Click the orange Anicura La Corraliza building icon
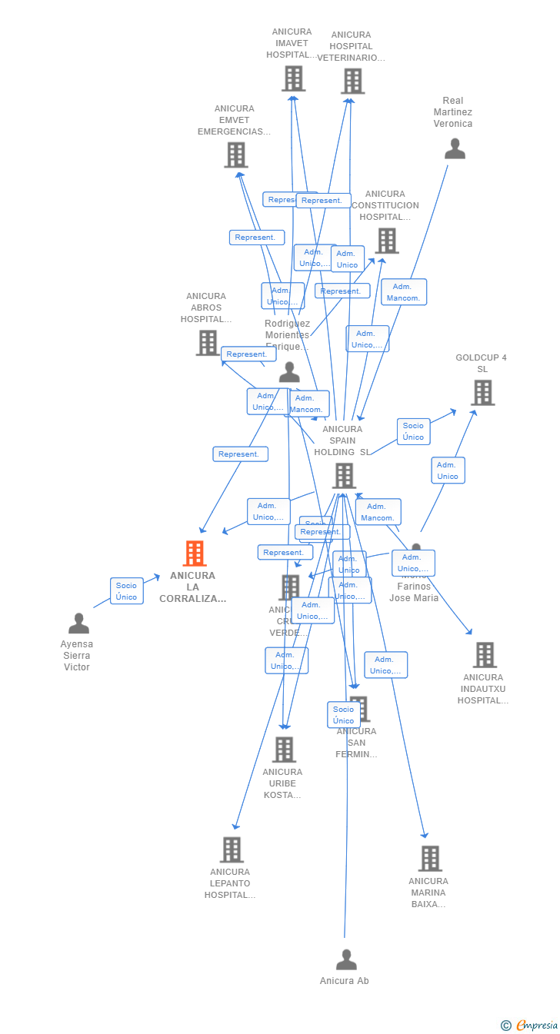click(x=195, y=554)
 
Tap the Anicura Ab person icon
click(x=346, y=960)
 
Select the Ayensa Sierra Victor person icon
click(x=78, y=623)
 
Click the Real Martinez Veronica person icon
click(x=455, y=149)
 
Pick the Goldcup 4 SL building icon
click(x=482, y=393)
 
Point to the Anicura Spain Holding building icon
click(x=344, y=476)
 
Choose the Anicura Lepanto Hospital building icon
click(x=232, y=850)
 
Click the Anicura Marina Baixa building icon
click(x=429, y=859)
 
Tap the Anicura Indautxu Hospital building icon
click(x=485, y=655)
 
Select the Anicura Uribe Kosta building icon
click(x=284, y=750)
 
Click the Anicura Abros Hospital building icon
click(x=208, y=343)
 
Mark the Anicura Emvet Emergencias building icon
click(x=235, y=155)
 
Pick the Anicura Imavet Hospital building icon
click(x=293, y=78)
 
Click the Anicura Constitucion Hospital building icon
click(x=386, y=241)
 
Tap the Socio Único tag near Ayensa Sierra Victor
click(x=126, y=591)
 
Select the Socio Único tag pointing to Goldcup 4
click(x=413, y=431)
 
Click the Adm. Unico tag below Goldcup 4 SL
click(x=448, y=470)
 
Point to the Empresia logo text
click(x=537, y=1025)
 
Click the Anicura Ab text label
click(x=345, y=981)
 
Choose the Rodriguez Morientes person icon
click(x=289, y=373)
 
